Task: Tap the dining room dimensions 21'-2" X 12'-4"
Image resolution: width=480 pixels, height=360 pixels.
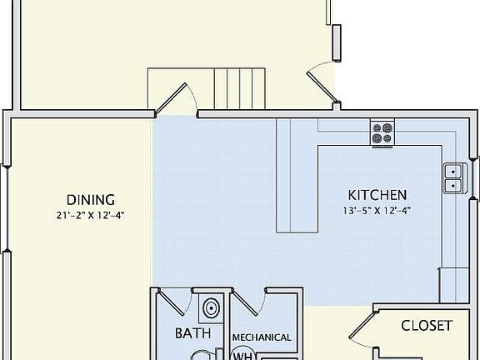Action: click(x=91, y=214)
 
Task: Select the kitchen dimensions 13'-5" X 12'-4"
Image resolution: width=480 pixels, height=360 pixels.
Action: click(x=377, y=210)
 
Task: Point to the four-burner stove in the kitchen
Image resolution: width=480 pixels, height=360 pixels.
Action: click(x=382, y=131)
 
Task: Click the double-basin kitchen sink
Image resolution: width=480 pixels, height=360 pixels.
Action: click(x=453, y=177)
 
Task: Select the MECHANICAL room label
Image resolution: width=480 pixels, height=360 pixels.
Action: click(x=262, y=337)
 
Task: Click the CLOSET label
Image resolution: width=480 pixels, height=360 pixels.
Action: click(x=427, y=325)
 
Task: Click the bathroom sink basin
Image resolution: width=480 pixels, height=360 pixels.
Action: click(x=211, y=307)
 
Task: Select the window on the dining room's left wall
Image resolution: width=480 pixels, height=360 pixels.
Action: click(x=7, y=208)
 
